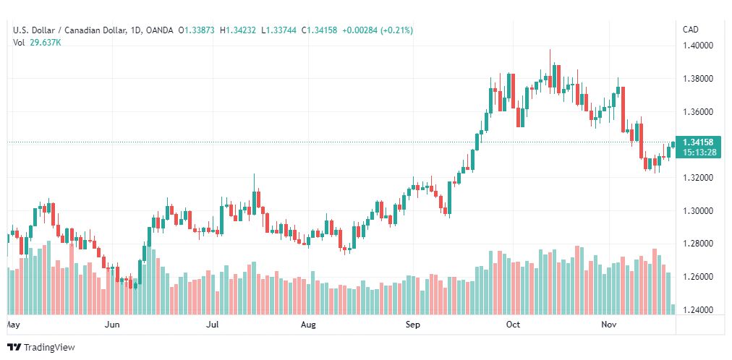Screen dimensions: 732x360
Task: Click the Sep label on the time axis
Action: (413, 325)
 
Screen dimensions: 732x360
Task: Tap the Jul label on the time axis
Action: (213, 325)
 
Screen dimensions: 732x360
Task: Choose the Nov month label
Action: (608, 325)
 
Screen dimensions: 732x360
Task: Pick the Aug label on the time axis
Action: (308, 325)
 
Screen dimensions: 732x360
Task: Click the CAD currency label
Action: (691, 30)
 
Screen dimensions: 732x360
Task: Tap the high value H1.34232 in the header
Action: (238, 30)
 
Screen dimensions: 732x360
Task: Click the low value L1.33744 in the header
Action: (278, 30)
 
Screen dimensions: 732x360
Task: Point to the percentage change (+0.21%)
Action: (396, 30)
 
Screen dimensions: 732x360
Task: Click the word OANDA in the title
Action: (158, 30)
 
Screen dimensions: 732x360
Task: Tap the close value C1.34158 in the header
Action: (319, 30)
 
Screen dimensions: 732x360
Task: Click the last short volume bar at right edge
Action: (673, 309)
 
